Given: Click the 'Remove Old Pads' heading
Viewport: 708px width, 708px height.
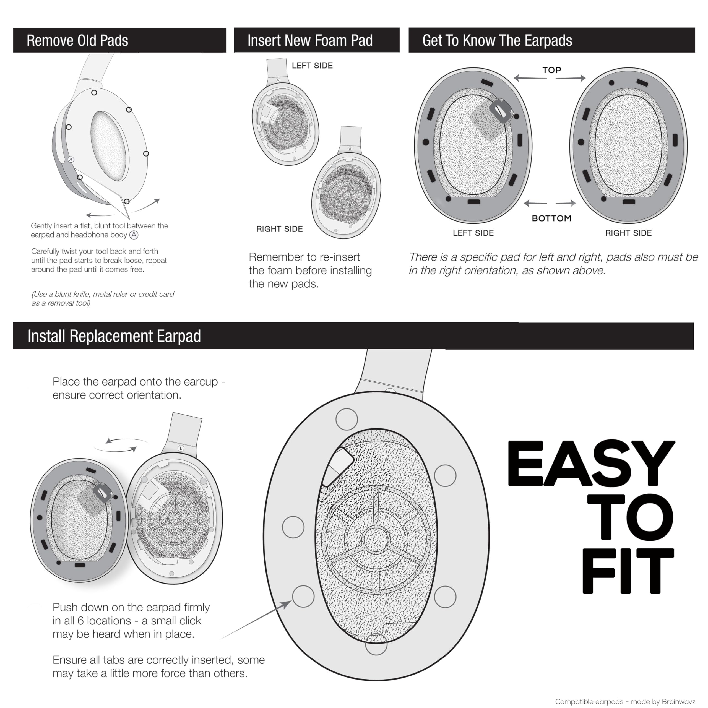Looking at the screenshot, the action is pyautogui.click(x=77, y=40).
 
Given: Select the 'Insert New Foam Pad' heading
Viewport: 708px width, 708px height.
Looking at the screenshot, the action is pyautogui.click(x=310, y=40).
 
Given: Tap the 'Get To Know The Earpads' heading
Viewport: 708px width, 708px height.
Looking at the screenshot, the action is pyautogui.click(x=497, y=40).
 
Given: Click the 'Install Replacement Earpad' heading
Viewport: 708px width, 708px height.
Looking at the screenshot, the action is pyautogui.click(x=114, y=336).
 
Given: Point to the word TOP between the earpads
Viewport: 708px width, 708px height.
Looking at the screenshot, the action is pyautogui.click(x=551, y=70).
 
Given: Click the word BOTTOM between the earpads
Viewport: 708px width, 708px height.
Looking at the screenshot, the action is pyautogui.click(x=551, y=218).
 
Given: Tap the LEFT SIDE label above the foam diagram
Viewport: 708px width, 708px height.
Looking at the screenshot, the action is pyautogui.click(x=312, y=66).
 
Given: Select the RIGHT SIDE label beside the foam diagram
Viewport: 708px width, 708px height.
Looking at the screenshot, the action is pyautogui.click(x=280, y=229).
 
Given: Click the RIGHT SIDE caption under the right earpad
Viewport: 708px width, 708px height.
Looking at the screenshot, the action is pyautogui.click(x=628, y=233).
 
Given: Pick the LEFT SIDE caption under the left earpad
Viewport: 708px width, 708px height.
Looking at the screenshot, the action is pyautogui.click(x=473, y=233).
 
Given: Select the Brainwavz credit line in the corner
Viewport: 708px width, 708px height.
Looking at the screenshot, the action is pyautogui.click(x=625, y=701).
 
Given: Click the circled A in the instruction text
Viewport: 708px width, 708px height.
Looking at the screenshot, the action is pyautogui.click(x=134, y=235).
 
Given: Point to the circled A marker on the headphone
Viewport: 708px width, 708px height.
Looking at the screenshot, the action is pyautogui.click(x=71, y=159).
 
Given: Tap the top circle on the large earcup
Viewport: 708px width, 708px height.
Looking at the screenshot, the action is pyautogui.click(x=347, y=419).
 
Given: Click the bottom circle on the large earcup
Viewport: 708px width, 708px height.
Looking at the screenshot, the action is pyautogui.click(x=376, y=644).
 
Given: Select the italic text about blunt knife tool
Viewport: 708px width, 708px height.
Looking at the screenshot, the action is pyautogui.click(x=103, y=299).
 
